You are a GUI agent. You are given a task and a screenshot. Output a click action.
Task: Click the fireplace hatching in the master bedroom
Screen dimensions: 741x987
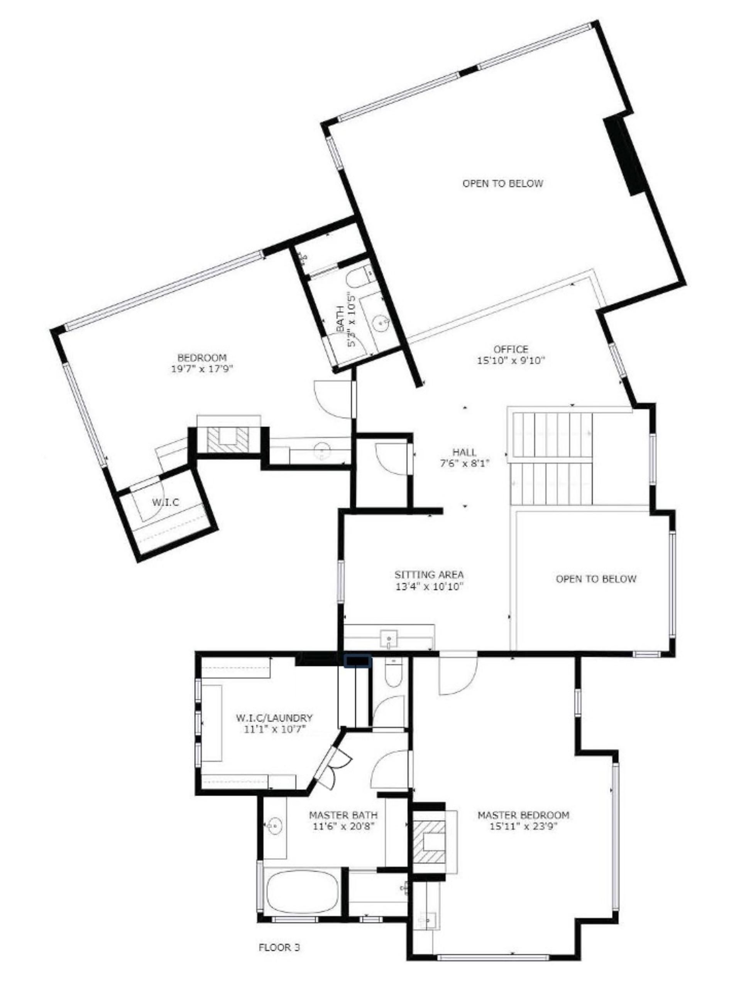coord(428,846)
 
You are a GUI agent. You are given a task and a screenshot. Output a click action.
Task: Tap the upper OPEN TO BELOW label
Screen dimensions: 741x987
coord(502,184)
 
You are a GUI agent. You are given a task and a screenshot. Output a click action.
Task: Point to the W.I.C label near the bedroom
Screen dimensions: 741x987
coord(165,502)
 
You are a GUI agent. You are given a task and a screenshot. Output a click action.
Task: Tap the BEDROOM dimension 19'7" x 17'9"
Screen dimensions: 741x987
coord(202,369)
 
